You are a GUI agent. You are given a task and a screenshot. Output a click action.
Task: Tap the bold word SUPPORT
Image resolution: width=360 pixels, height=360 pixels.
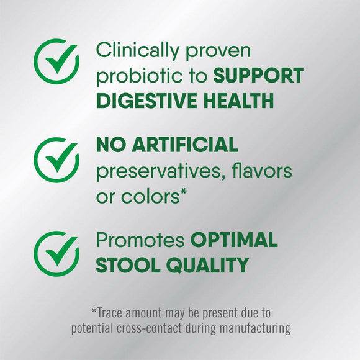pos(258,76)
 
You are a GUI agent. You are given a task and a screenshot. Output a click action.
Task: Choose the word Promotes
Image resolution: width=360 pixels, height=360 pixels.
pos(140,241)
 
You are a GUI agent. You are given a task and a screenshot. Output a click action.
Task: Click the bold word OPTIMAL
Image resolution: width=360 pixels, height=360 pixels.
pos(234,240)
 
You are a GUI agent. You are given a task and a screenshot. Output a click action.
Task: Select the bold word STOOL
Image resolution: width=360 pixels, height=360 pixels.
pos(124,266)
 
